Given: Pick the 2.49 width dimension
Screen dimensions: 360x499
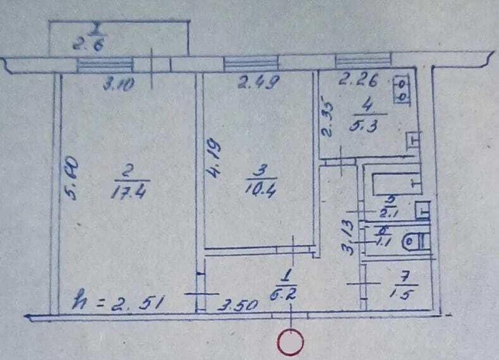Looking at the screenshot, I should (x=257, y=82).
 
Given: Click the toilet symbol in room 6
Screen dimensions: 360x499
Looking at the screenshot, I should (x=416, y=241).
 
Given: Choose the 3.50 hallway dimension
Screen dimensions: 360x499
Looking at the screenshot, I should (x=237, y=306).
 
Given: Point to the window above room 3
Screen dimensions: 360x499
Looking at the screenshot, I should (x=251, y=64).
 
